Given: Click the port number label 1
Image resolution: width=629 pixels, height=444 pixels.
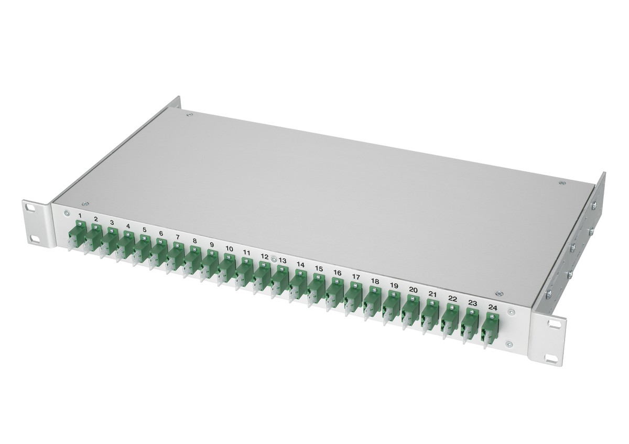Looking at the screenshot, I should (80, 216).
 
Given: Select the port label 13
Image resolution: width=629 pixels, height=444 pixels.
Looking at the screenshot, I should (283, 261).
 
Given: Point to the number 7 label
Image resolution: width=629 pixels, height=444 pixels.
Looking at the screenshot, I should (178, 237).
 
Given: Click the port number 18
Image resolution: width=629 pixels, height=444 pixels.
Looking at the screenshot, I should (374, 281).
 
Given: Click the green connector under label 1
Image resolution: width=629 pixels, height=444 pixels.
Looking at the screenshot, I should (78, 233).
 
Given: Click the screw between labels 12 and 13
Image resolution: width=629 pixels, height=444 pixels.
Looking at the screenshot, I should (274, 258).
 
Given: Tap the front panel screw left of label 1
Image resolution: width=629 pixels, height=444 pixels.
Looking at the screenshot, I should (67, 213).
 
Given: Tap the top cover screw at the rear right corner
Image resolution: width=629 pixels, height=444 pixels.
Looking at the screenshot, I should (562, 183).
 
